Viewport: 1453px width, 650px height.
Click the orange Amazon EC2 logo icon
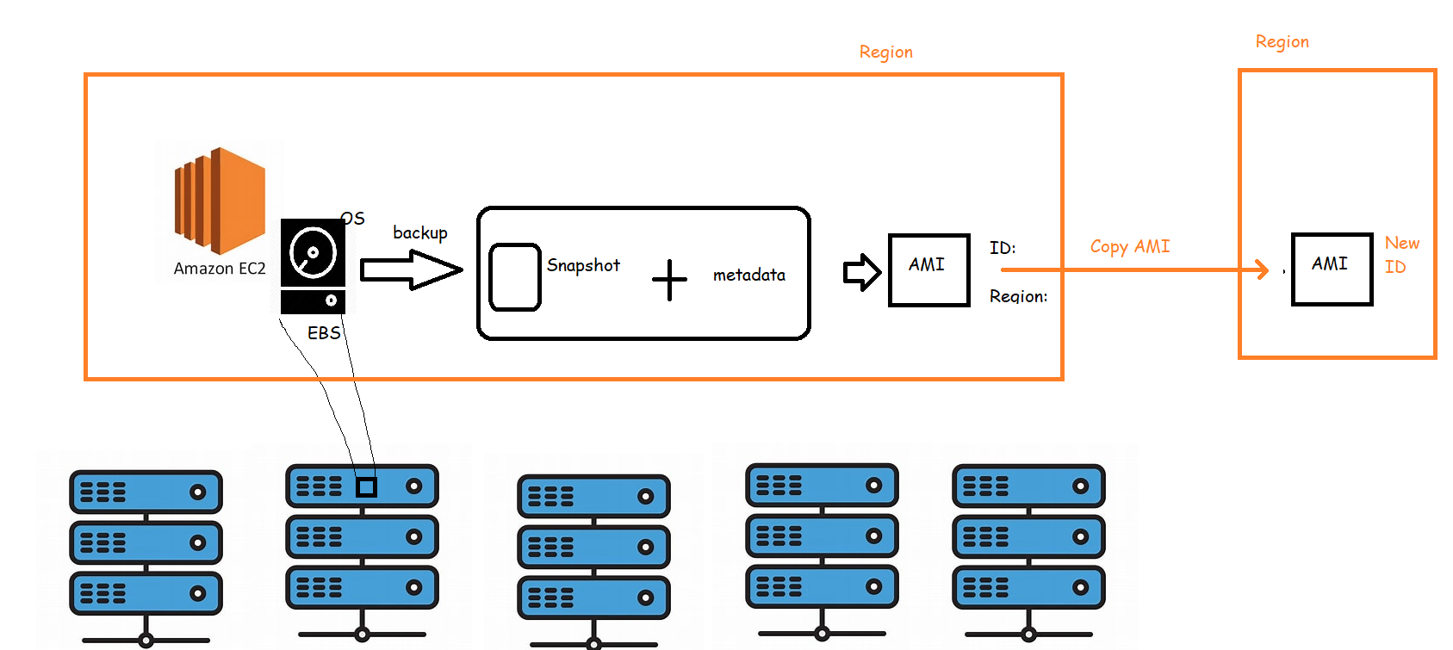220,200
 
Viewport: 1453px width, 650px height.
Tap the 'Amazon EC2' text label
220,269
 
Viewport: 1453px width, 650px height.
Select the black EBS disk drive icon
313,266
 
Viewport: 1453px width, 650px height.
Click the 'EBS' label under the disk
324,333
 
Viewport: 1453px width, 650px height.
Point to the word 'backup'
420,232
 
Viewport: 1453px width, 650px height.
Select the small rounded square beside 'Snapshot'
515,277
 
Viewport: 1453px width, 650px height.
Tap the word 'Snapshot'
583,265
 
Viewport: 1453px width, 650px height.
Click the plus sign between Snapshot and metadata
669,280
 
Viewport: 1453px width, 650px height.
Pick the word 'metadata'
748,275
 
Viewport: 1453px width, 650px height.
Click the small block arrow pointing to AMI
861,273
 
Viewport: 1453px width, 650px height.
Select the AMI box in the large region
928,269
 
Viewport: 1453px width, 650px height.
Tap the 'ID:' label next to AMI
1003,248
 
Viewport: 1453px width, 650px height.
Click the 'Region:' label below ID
1018,296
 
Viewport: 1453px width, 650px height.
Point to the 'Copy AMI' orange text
1129,246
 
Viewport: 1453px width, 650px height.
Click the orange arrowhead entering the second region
1262,269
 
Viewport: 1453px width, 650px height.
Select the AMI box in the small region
1332,269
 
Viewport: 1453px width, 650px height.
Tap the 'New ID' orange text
1400,255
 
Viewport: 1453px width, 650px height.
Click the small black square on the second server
366,487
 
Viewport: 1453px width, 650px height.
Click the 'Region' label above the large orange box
885,53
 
